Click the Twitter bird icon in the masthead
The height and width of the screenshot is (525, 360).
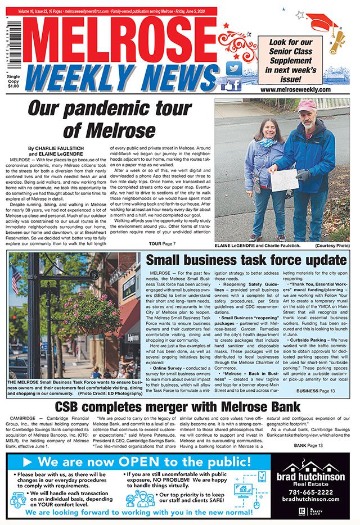(233, 69)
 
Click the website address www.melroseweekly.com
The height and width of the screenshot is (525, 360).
(295, 89)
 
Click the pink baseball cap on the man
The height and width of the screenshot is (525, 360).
(306, 106)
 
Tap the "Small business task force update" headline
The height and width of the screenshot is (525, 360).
(246, 260)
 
